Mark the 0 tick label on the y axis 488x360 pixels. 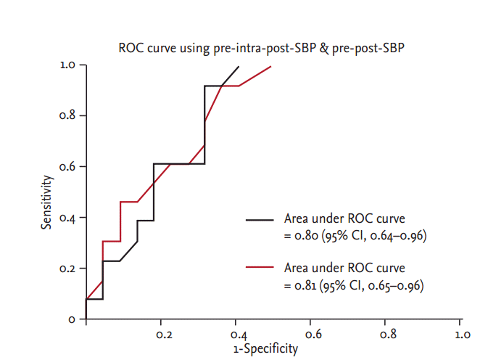73,319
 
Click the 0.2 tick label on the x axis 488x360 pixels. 164,335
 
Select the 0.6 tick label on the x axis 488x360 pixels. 313,335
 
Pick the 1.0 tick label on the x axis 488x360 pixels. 462,335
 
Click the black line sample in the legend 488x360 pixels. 260,218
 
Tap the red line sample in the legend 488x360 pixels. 260,269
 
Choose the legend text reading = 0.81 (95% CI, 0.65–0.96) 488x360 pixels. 353,285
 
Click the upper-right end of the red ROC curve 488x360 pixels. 271,66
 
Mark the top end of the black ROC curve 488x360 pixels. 239,66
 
